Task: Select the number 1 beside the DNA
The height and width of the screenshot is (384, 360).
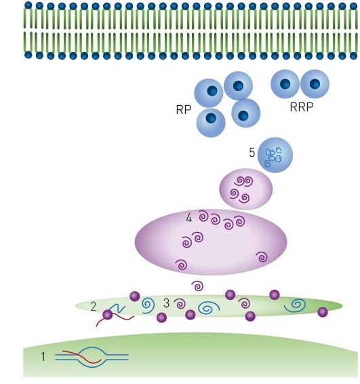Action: point(43,355)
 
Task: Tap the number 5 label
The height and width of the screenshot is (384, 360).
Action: point(252,153)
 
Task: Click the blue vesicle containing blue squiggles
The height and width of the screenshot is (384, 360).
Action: point(275,155)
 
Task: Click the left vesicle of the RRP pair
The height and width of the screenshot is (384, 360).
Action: point(285,85)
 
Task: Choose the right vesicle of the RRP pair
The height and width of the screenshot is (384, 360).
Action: point(315,85)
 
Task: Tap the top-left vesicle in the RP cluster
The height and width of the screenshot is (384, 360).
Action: point(209,93)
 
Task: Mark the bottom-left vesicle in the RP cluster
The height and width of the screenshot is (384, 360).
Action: point(211,121)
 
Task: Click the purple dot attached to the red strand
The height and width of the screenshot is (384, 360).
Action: point(107,315)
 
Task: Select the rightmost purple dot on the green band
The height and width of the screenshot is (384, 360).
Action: point(323,312)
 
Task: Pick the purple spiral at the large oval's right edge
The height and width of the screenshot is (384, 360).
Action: point(261,257)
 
